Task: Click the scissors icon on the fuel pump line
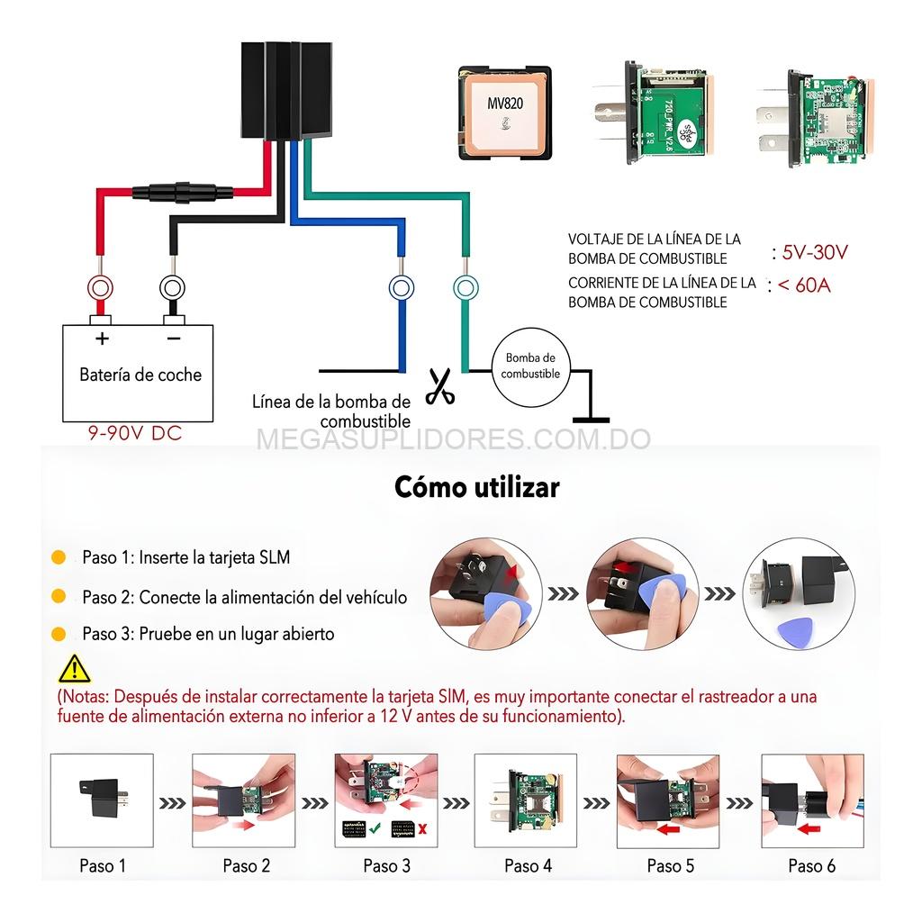pos(439,386)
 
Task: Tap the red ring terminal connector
pos(99,288)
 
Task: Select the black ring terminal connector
pos(172,288)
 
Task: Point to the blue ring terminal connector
pos(401,288)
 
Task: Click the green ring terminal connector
pos(465,288)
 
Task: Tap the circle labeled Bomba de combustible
pos(531,366)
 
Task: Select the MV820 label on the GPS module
pos(505,104)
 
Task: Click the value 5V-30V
pos(815,252)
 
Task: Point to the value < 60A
pos(804,285)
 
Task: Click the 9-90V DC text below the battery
pos(134,433)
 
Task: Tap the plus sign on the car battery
pos(103,339)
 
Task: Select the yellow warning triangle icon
pos(74,668)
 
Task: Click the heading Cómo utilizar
pos(476,487)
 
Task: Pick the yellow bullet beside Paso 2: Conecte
pos(59,596)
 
